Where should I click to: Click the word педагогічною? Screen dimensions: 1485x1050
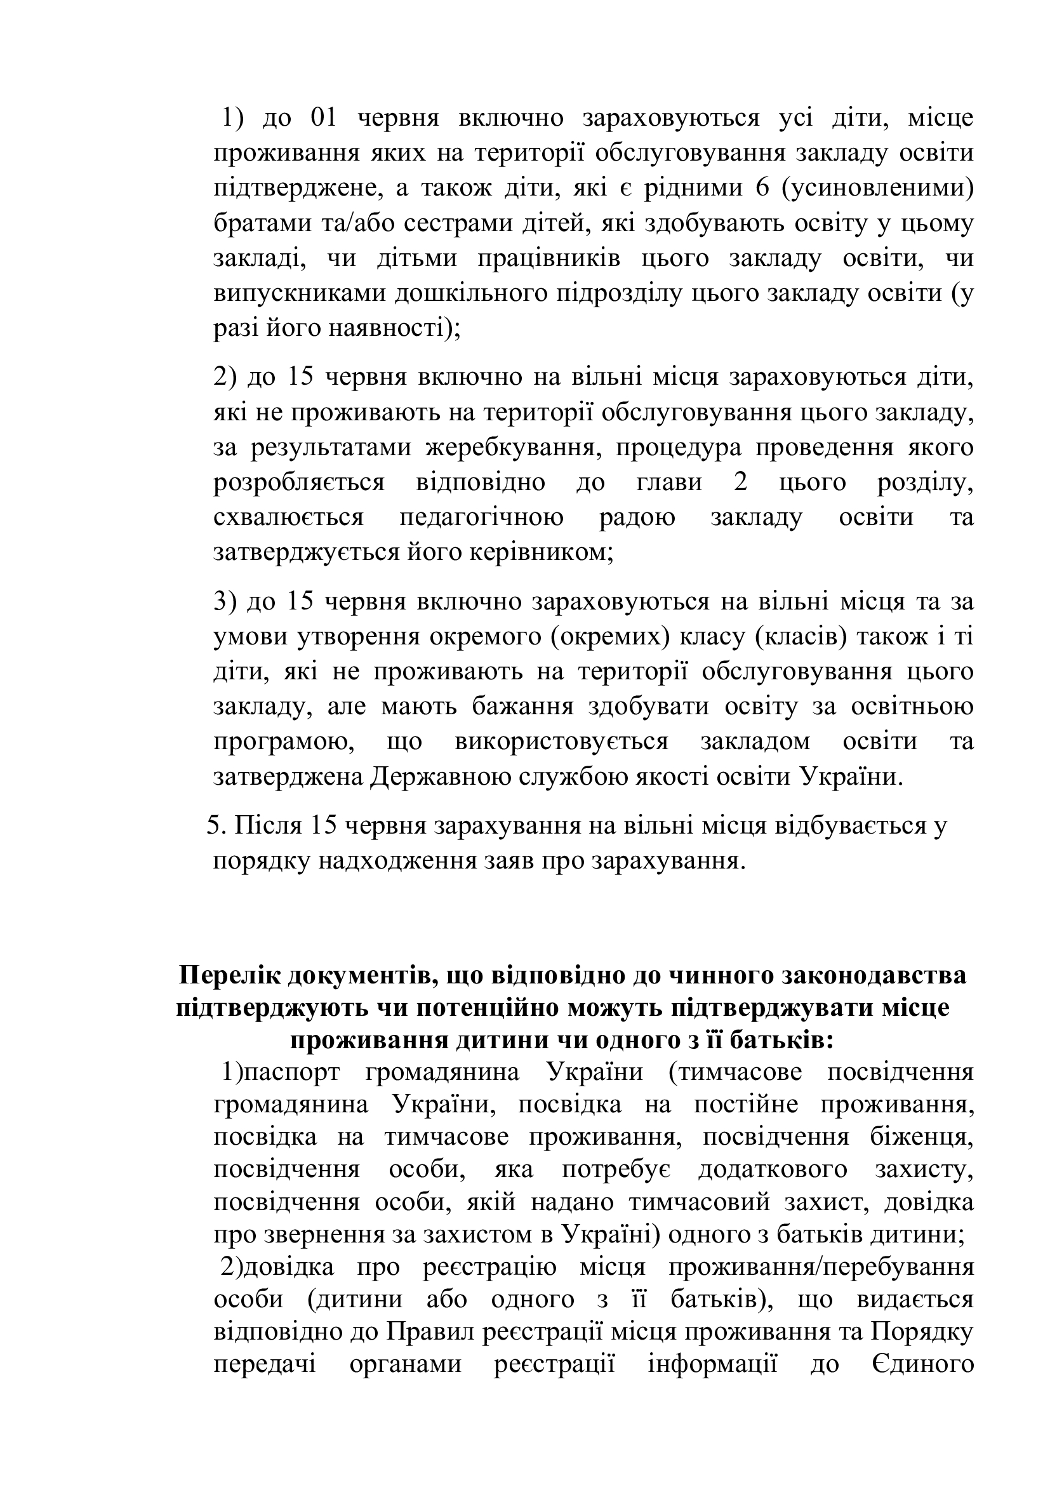coord(481,517)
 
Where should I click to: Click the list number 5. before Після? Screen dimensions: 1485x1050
coord(215,826)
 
